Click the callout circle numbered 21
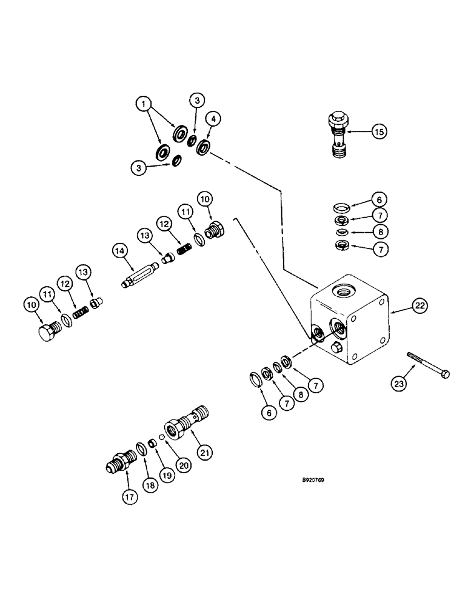tap(204, 451)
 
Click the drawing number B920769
tap(326, 480)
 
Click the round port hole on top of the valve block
tap(346, 290)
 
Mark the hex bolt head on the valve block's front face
tap(338, 348)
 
